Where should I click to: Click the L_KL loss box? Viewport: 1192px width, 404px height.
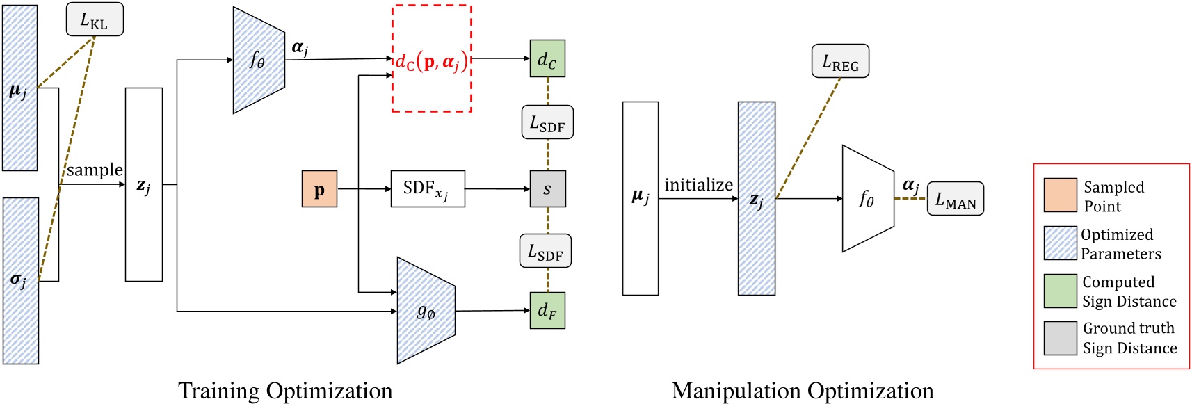pyautogui.click(x=95, y=19)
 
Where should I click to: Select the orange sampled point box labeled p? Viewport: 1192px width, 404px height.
pyautogui.click(x=319, y=189)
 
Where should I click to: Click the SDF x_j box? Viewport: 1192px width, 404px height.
pyautogui.click(x=428, y=188)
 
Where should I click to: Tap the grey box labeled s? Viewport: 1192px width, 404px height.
pyautogui.click(x=547, y=188)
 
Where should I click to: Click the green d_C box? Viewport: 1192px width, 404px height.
pyautogui.click(x=547, y=58)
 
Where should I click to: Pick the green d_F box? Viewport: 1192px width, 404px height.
pyautogui.click(x=547, y=310)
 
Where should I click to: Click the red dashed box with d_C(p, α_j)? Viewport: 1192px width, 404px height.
pyautogui.click(x=432, y=59)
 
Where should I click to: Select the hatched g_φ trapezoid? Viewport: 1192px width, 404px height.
pyautogui.click(x=425, y=311)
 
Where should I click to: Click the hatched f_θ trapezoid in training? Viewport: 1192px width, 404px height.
pyautogui.click(x=258, y=60)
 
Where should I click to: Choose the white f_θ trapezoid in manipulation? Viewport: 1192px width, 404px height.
pyautogui.click(x=867, y=199)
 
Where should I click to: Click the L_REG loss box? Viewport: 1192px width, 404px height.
pyautogui.click(x=840, y=61)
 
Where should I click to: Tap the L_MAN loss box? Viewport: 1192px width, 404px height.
pyautogui.click(x=956, y=199)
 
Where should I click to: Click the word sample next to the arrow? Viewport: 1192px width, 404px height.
pyautogui.click(x=95, y=170)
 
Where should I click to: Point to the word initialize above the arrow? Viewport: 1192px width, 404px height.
pyautogui.click(x=698, y=185)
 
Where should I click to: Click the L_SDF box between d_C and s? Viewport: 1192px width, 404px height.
pyautogui.click(x=547, y=122)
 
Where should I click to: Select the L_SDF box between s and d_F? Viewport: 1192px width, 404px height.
pyautogui.click(x=545, y=251)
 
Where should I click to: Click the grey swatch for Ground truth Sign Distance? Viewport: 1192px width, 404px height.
pyautogui.click(x=1060, y=338)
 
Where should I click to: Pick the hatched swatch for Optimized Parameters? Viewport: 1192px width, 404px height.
pyautogui.click(x=1060, y=243)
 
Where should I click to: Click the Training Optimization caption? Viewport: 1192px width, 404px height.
pyautogui.click(x=285, y=391)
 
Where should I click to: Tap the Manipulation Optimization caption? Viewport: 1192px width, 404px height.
pyautogui.click(x=803, y=391)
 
